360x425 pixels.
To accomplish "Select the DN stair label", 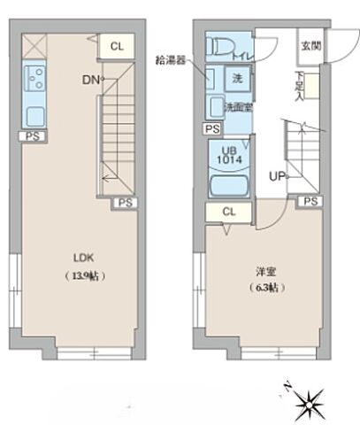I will (90, 80).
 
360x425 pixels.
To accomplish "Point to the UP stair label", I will (275, 175).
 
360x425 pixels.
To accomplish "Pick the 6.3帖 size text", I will (262, 288).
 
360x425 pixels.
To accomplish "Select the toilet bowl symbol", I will (218, 48).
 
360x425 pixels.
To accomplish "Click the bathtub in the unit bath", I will (228, 184).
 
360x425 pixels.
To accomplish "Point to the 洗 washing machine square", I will (239, 78).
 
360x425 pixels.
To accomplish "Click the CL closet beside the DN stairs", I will (117, 47).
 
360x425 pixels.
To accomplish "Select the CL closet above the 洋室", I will (229, 212).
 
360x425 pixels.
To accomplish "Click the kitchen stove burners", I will (35, 80).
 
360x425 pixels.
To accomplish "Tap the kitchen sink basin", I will (35, 115).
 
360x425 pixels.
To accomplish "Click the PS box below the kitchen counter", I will (32, 136).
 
